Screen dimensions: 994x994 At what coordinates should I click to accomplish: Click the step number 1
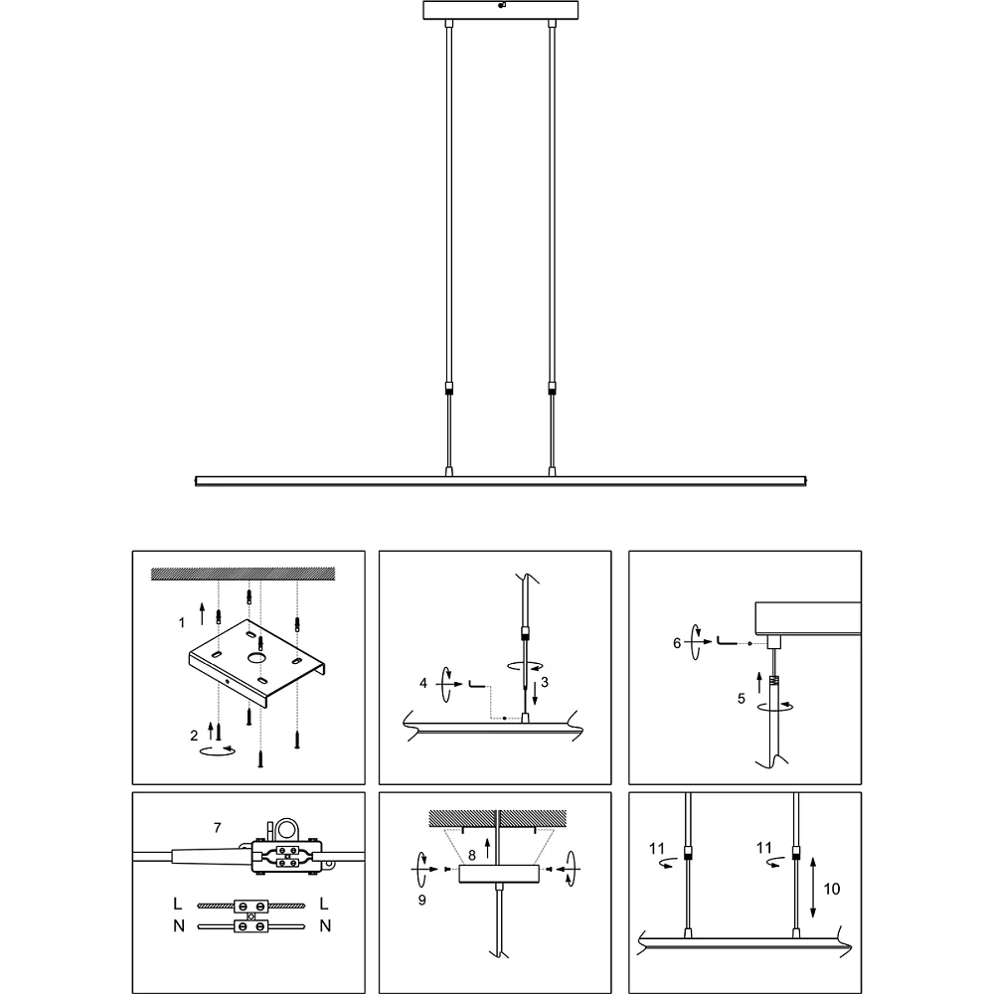182,623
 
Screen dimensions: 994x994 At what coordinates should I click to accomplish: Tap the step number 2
194,736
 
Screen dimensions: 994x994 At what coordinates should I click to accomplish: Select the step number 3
545,682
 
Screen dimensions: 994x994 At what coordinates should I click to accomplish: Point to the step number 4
423,684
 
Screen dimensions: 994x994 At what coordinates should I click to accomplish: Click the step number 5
742,699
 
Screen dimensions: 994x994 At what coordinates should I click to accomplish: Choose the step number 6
677,643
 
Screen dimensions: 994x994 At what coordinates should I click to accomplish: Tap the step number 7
218,828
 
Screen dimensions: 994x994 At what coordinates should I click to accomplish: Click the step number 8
471,855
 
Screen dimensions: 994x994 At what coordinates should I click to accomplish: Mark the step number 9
422,900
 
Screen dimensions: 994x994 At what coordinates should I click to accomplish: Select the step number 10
832,889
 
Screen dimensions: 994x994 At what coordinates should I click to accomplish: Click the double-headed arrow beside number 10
813,888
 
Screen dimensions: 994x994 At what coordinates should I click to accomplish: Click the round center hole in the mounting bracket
256,658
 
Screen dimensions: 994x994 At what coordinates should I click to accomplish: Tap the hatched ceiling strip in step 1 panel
243,575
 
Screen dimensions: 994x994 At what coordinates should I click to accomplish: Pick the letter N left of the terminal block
179,926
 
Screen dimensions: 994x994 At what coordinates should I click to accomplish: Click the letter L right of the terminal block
324,904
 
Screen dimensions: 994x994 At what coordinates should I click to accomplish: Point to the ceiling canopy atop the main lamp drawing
501,10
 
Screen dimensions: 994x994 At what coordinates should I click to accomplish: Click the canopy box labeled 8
499,874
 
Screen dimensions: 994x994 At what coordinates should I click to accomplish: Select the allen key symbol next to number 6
727,641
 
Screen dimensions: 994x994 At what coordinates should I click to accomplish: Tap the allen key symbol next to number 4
477,684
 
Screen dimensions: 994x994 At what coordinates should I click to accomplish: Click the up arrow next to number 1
202,614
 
